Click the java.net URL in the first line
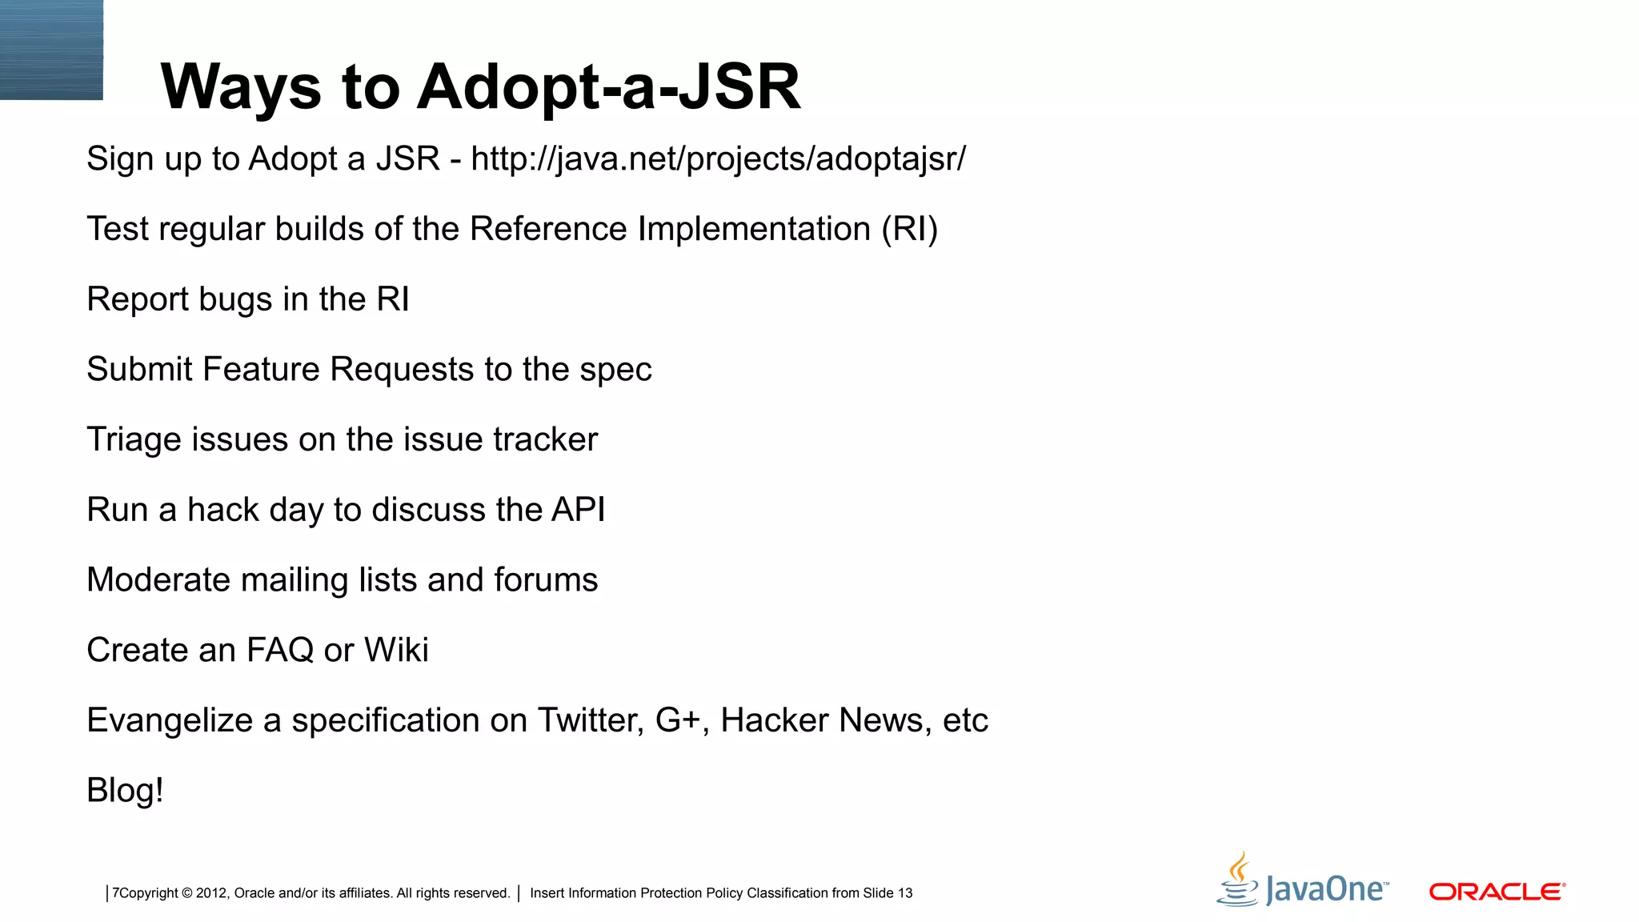point(718,158)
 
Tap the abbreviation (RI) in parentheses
point(909,229)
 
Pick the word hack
point(223,510)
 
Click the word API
point(578,510)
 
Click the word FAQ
point(280,650)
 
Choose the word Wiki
point(396,650)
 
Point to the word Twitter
point(590,720)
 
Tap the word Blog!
point(125,791)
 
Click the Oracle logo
point(1497,892)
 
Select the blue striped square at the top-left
point(51,50)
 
